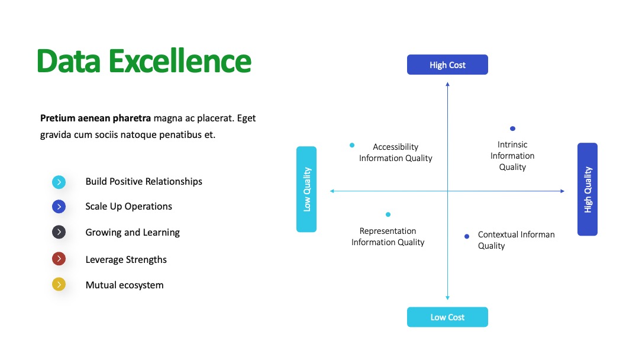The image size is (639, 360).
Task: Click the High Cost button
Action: pos(447,65)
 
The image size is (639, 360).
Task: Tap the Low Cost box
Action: pos(447,317)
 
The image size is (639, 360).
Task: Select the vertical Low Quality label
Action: pos(306,189)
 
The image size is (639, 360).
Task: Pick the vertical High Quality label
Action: pos(588,189)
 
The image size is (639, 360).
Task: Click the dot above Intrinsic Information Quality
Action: pos(512,128)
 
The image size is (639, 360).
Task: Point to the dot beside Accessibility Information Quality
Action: pos(352,145)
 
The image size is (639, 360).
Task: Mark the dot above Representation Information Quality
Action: pos(388,214)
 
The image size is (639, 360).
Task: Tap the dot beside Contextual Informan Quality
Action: pos(467,236)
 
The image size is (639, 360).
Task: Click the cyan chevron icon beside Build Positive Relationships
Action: pos(59,182)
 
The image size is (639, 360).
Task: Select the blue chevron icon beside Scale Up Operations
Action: pos(59,207)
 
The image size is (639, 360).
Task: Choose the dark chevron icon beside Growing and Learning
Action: pos(59,232)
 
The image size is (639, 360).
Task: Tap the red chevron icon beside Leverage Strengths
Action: pos(59,259)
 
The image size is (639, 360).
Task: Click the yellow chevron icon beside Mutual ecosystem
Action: pos(59,284)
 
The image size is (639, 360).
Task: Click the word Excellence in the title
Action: pos(180,61)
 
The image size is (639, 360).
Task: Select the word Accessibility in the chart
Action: pos(395,147)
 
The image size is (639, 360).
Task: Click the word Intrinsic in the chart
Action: pos(512,144)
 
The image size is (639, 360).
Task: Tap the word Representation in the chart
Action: pos(388,231)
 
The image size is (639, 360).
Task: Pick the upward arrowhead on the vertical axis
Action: pos(447,84)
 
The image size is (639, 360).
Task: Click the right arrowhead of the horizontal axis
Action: pos(563,191)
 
